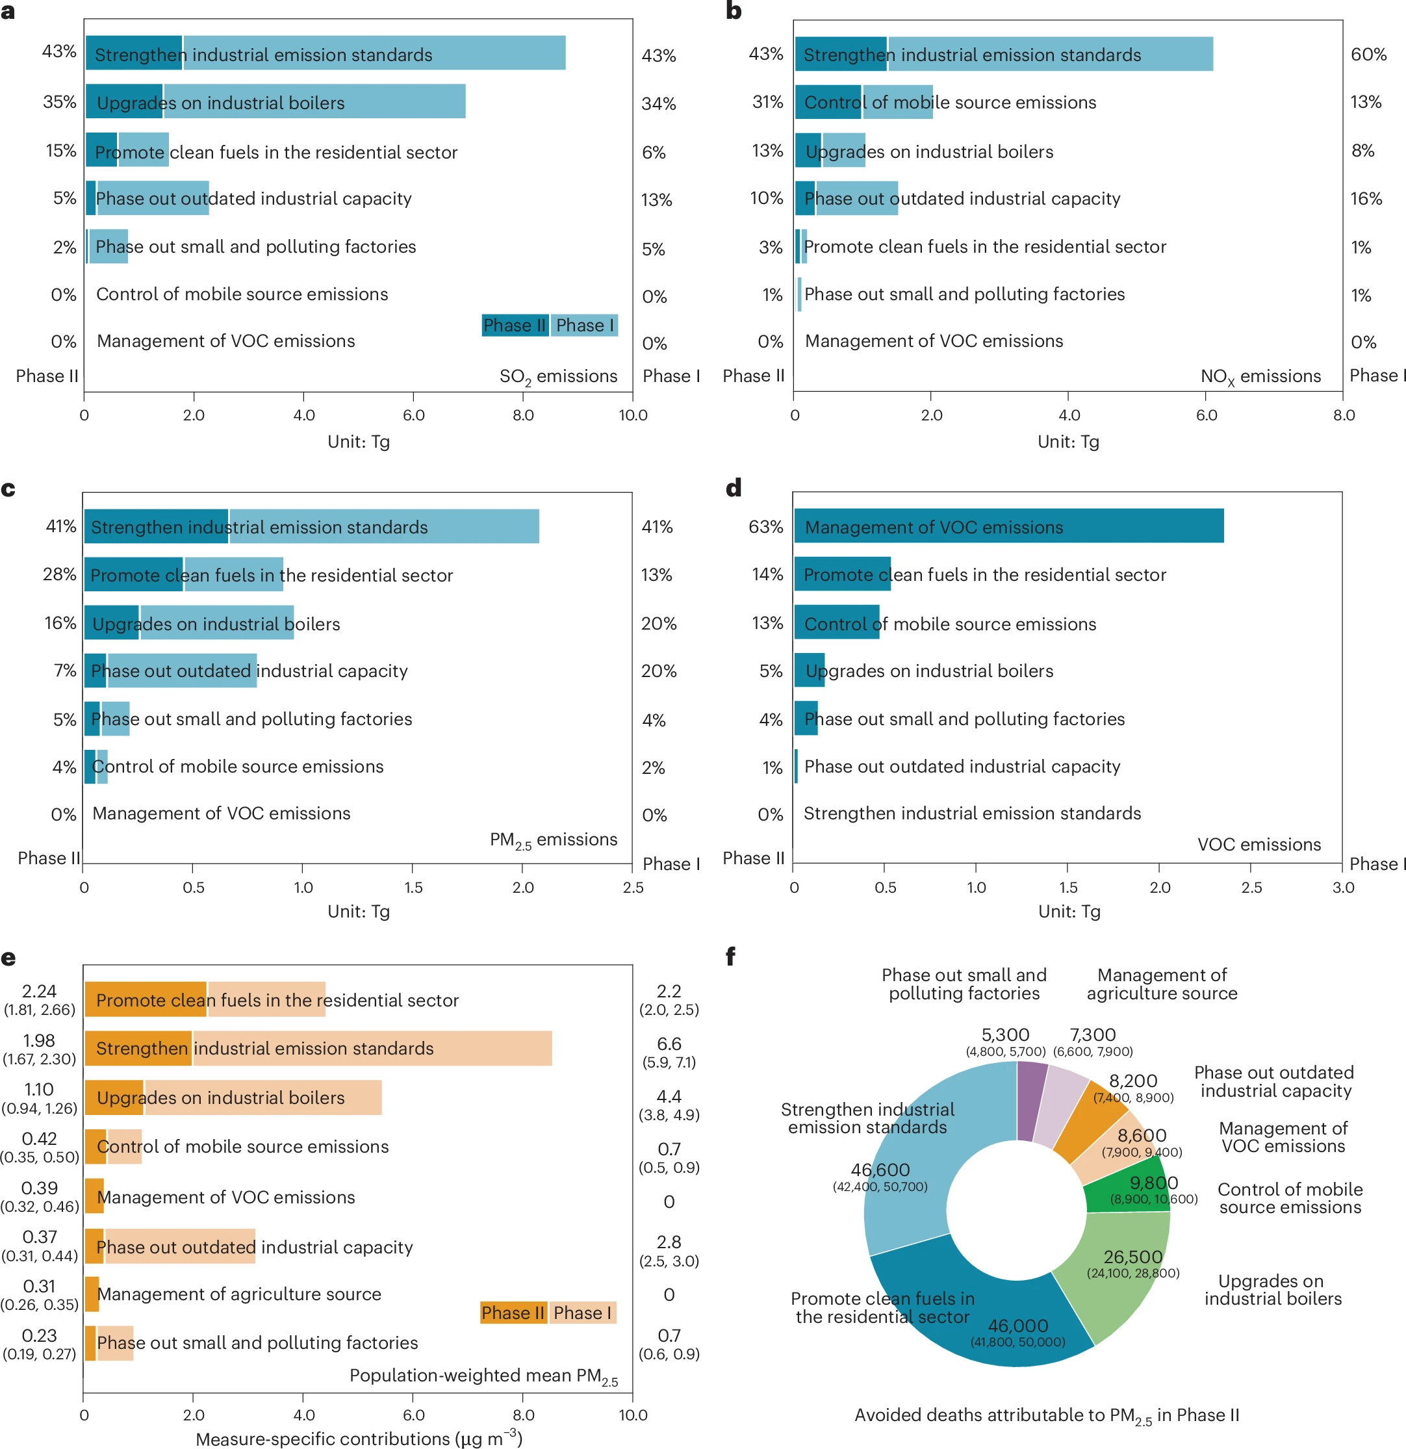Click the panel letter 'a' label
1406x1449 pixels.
[x=8, y=12]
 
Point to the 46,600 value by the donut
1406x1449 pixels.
[x=880, y=1170]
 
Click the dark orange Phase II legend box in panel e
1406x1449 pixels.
[x=513, y=1313]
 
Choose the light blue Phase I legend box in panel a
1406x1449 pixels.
[x=584, y=326]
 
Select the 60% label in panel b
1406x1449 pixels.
[x=1368, y=55]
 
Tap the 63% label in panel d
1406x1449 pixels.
[x=765, y=527]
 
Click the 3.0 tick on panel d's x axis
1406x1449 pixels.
[x=1342, y=887]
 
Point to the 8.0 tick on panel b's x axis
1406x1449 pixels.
[x=1343, y=415]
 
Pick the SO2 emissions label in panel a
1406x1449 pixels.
[x=558, y=377]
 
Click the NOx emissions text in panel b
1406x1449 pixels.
[x=1260, y=377]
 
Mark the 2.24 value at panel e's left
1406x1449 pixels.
[x=39, y=992]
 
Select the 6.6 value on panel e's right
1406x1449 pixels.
[x=669, y=1044]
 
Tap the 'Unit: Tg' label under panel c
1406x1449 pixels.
[x=359, y=912]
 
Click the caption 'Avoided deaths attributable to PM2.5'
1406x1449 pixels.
[x=1047, y=1415]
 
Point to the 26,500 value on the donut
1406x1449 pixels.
[x=1132, y=1257]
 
